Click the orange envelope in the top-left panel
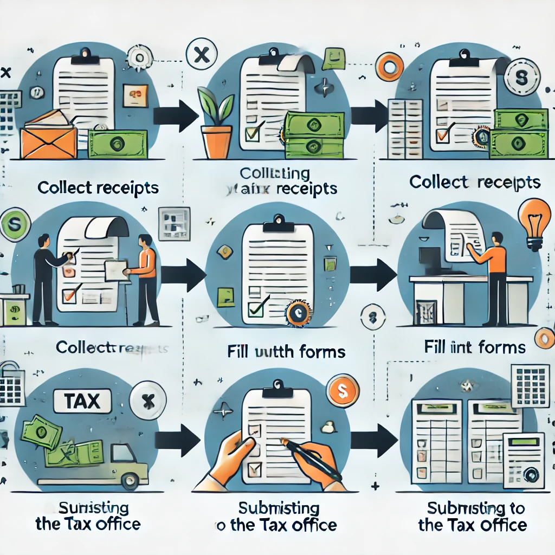pyautogui.click(x=48, y=140)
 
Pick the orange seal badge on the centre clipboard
pyautogui.click(x=298, y=313)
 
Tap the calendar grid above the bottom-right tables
pyautogui.click(x=531, y=385)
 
